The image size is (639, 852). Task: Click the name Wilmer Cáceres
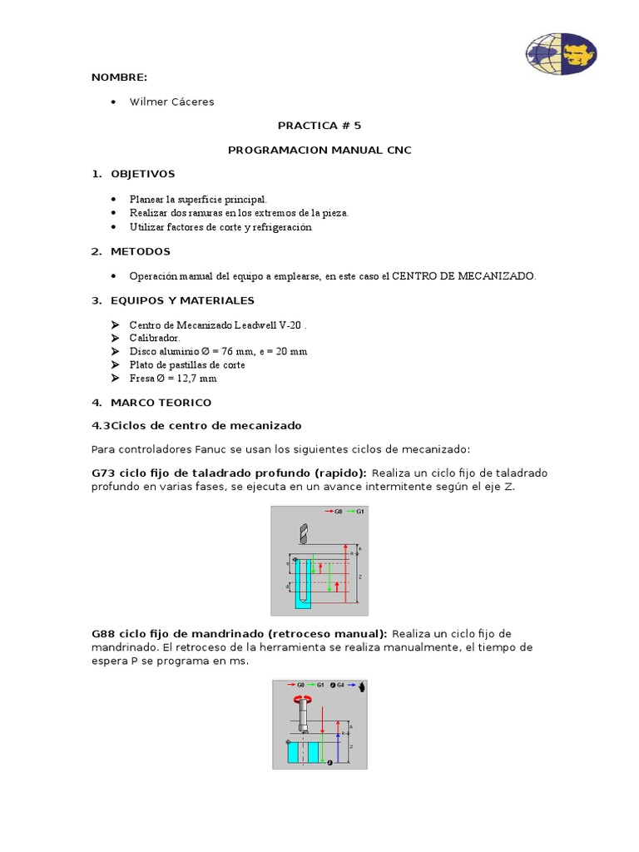[171, 102]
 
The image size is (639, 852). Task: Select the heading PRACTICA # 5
[319, 126]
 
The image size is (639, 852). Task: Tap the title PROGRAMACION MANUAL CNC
[319, 150]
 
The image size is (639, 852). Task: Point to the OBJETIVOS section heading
[142, 174]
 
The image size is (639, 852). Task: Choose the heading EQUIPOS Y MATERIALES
[182, 300]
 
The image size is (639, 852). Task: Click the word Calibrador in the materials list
[154, 338]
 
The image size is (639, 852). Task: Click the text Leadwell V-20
[264, 324]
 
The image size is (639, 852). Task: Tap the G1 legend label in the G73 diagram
[360, 512]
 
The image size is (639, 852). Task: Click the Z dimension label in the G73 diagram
[359, 576]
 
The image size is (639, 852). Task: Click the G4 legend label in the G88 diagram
[340, 686]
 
